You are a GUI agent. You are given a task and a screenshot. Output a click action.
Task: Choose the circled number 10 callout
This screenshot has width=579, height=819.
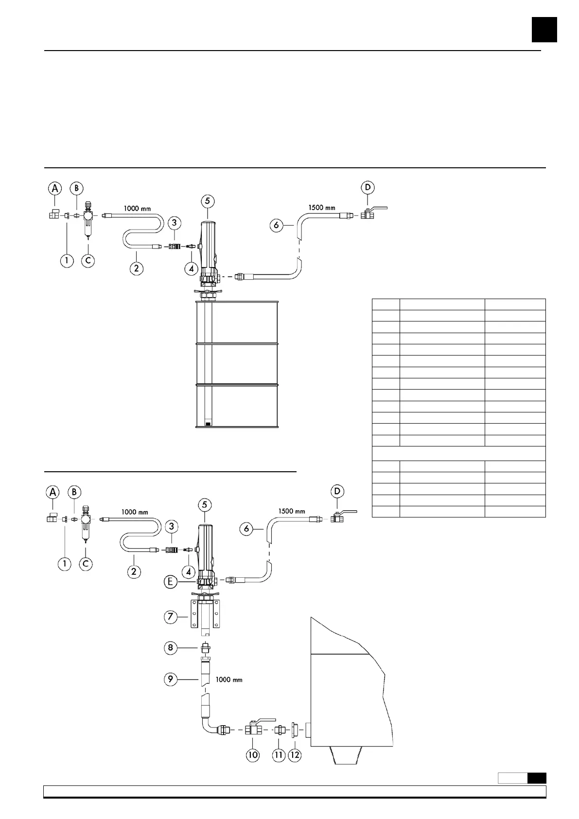pos(253,755)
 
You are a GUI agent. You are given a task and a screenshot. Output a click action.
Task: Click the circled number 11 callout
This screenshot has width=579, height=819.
pos(278,755)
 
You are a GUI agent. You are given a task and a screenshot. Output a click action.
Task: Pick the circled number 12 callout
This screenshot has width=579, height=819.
pos(295,755)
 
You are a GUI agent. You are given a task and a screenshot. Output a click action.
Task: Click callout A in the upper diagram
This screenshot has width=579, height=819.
pos(55,188)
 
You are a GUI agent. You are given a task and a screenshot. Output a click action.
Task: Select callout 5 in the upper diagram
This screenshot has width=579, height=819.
pos(208,201)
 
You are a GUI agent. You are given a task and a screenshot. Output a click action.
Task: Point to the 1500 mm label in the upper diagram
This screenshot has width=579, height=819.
pos(322,208)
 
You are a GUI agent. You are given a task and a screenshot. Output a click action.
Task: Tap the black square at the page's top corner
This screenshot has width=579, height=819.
pos(544,30)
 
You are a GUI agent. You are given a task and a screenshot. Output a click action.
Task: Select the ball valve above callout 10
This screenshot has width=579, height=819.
pos(256,729)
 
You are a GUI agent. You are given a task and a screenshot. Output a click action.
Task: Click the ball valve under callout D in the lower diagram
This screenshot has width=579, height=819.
pos(338,518)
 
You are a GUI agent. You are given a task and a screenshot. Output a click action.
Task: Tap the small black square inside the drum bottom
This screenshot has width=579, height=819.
pos(208,424)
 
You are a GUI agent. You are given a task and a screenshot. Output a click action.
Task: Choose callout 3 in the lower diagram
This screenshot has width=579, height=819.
pos(171,526)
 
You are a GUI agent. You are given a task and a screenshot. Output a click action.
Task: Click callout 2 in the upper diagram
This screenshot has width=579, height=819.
pos(137,267)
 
